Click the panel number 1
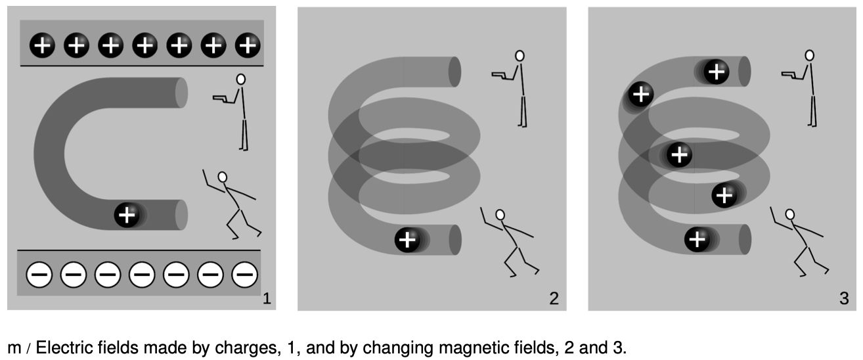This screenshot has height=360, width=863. [x=266, y=300]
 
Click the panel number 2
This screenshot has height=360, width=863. [x=554, y=300]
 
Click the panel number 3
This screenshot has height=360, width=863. [x=844, y=300]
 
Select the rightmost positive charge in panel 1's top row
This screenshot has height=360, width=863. [x=247, y=45]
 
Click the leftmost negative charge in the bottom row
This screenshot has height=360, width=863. [x=39, y=274]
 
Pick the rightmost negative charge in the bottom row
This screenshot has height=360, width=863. [x=244, y=274]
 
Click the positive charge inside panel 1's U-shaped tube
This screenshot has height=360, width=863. [x=127, y=215]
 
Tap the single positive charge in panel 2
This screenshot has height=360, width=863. [x=407, y=240]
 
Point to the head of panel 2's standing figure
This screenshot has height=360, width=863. [x=520, y=56]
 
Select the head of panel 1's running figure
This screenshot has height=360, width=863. [x=223, y=177]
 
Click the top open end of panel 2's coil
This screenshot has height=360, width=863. [x=454, y=72]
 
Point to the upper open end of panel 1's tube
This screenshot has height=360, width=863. [x=182, y=93]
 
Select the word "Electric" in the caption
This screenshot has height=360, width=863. [x=57, y=348]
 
